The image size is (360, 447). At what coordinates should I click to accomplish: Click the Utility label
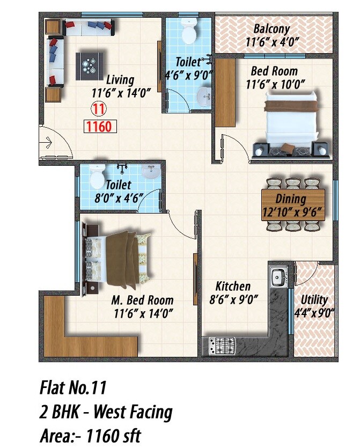coord(314,300)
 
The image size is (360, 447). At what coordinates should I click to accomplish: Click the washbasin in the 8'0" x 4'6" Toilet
coord(151,172)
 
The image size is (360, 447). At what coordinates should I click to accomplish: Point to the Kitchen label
coord(233,286)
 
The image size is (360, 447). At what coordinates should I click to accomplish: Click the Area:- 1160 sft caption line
coord(90,435)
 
